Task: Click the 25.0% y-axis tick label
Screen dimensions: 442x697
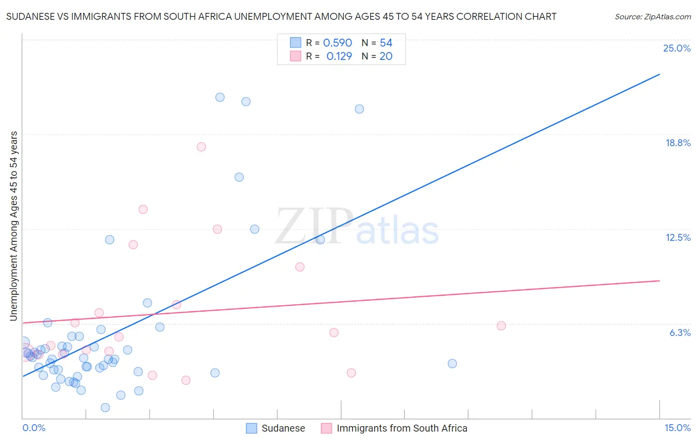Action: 677,48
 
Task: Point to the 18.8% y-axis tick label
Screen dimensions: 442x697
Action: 678,143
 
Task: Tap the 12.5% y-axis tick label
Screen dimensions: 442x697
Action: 678,237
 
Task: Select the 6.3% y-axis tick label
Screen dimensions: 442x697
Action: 680,332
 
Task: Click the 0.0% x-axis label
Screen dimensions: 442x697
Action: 34,428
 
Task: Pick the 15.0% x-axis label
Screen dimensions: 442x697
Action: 677,428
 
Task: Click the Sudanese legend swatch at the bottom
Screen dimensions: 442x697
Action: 252,428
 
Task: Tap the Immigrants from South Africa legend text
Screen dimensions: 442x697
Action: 402,428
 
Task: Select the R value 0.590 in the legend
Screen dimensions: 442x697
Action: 337,43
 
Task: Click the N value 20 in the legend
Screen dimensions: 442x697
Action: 386,56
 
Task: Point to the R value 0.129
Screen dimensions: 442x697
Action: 339,56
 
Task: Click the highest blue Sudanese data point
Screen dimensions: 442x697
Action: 220,97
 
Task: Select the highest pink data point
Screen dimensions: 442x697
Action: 201,147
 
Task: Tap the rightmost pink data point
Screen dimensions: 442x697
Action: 501,326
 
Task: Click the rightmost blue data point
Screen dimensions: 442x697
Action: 452,364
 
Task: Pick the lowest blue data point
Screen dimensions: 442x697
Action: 105,407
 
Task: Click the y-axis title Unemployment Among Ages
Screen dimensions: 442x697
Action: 14,226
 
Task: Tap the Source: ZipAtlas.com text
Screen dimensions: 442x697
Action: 652,17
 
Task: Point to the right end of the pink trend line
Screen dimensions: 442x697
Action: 659,281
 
